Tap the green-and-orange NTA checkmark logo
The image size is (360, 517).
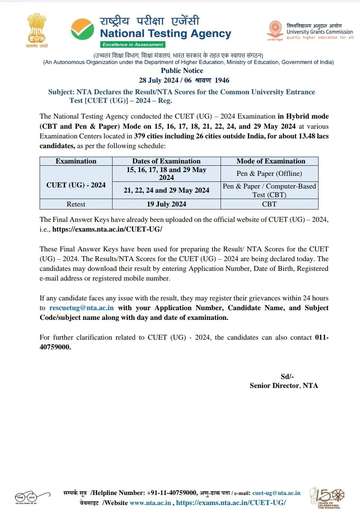[82, 29]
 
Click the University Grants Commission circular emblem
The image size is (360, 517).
[276, 29]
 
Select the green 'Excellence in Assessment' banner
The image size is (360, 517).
[133, 45]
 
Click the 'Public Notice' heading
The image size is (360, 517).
[182, 71]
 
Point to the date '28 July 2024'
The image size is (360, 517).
[159, 80]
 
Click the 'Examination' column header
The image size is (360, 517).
[76, 161]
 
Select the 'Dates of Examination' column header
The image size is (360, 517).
[166, 161]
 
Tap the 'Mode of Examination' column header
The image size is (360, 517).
[271, 161]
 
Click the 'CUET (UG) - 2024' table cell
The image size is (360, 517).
[76, 185]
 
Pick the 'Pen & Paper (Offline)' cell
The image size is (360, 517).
[269, 174]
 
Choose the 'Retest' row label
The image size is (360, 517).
[76, 204]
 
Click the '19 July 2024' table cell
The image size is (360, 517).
[166, 204]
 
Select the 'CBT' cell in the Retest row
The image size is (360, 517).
[269, 204]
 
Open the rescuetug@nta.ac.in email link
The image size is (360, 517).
[81, 308]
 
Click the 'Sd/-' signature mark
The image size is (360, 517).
[287, 376]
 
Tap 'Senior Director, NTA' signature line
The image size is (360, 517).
[284, 386]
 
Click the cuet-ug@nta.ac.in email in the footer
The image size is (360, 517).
[276, 493]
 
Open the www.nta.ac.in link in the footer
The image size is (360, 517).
[150, 503]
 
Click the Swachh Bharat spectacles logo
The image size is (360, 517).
[32, 497]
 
